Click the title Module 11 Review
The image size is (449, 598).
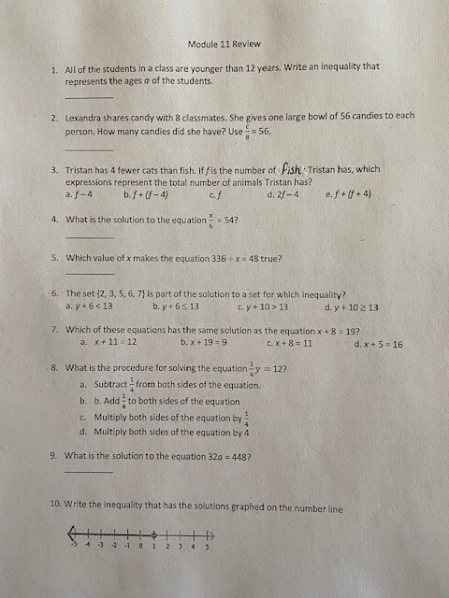tap(224, 44)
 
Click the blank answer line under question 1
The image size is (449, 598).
tap(89, 96)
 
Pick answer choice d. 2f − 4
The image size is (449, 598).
tap(282, 194)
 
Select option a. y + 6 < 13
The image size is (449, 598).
tap(89, 306)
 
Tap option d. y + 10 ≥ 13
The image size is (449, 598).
tap(351, 306)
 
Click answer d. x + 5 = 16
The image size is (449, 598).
tap(378, 344)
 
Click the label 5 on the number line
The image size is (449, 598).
tap(207, 544)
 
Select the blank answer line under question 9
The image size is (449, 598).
tap(89, 471)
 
